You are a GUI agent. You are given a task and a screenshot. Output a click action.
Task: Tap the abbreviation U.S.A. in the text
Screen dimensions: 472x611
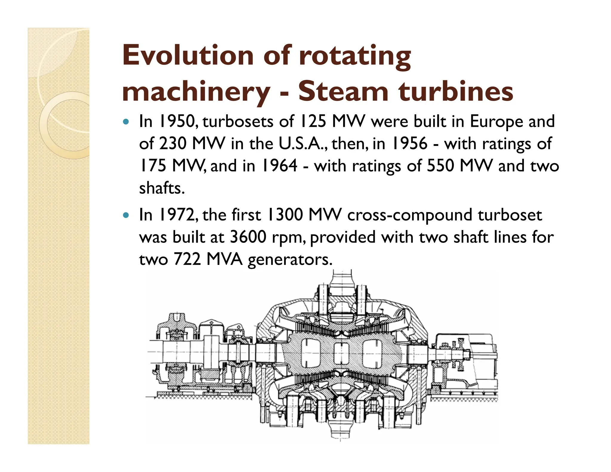pos(303,144)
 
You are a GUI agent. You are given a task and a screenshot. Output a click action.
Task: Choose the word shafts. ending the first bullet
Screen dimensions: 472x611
pos(162,188)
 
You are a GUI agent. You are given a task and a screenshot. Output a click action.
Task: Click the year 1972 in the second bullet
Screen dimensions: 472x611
pos(178,215)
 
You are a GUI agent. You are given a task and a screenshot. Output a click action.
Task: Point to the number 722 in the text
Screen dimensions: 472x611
pos(187,260)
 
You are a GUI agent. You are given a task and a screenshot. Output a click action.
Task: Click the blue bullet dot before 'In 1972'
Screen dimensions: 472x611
pos(126,215)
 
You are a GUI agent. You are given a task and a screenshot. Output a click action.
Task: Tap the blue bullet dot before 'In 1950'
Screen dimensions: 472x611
pos(126,122)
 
